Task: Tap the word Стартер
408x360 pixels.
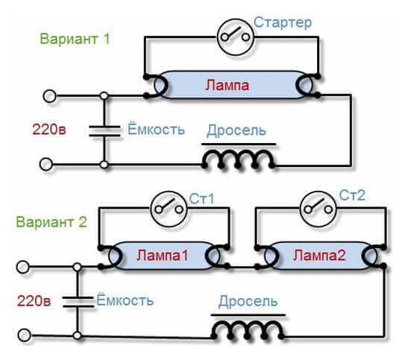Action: [x=283, y=22]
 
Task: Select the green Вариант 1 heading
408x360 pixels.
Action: [x=75, y=39]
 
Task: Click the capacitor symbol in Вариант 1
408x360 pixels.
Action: [x=104, y=130]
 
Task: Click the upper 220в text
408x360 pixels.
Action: [x=49, y=129]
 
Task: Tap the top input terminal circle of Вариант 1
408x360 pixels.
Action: [x=49, y=96]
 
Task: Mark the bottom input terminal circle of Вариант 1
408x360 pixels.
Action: [x=46, y=164]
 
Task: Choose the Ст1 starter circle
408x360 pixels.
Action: [x=169, y=209]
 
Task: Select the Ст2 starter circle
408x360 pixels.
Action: [x=318, y=209]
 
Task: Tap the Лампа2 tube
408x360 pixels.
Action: [x=320, y=256]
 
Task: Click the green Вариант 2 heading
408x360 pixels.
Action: [x=51, y=222]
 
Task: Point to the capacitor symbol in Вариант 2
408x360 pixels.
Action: [x=78, y=302]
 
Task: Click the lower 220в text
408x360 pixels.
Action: [x=34, y=300]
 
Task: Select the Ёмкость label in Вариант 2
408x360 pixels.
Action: [x=125, y=300]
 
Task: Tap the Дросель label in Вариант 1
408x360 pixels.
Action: [x=236, y=130]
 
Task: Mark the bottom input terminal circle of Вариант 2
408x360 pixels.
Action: [x=25, y=335]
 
